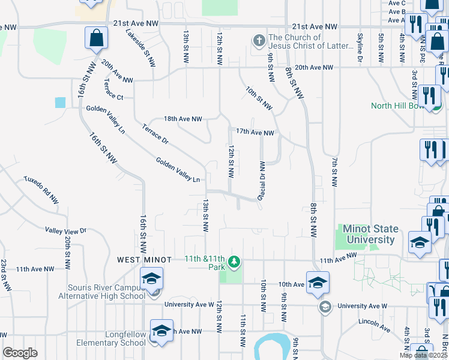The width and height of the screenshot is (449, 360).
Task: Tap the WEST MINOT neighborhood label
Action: click(x=144, y=259)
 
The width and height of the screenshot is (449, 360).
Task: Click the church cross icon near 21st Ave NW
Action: click(x=259, y=41)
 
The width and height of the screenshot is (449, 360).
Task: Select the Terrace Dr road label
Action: click(x=155, y=133)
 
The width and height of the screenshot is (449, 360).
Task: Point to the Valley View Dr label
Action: click(x=66, y=230)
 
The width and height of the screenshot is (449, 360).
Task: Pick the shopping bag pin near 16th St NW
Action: click(x=95, y=40)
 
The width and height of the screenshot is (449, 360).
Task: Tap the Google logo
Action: click(x=20, y=353)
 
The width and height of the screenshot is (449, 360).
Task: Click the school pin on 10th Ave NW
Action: click(x=318, y=284)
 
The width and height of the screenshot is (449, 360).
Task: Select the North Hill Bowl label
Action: click(x=397, y=106)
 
